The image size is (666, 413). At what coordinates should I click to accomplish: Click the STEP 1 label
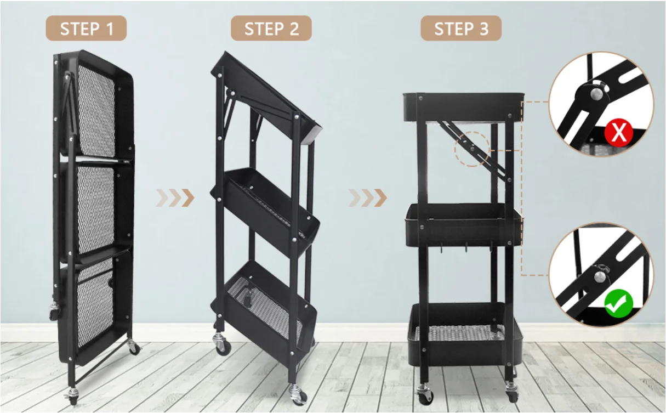point(86,29)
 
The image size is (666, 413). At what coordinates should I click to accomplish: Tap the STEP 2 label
point(271,29)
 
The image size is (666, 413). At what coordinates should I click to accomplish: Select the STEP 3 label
point(461,29)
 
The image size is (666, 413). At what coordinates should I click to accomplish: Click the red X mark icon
point(618,132)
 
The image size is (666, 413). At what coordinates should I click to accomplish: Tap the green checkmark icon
point(619,303)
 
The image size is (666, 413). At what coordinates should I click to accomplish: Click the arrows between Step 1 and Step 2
point(175,197)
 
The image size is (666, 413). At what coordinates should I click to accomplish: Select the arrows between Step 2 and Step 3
point(367,197)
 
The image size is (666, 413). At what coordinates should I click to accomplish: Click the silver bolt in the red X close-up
point(596,94)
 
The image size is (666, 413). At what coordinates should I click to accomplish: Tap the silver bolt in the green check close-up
point(600,277)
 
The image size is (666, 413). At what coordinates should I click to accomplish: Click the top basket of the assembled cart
point(463,107)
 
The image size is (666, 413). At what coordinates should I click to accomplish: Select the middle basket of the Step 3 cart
point(463,225)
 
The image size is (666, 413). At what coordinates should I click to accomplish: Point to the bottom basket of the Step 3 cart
point(465,335)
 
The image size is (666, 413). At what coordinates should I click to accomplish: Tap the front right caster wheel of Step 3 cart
point(512,392)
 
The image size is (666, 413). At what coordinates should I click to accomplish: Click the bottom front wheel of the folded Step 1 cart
point(73,396)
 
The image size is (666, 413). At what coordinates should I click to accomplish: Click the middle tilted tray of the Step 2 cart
point(265,212)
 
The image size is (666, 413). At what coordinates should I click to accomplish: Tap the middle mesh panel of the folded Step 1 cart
point(96,210)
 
